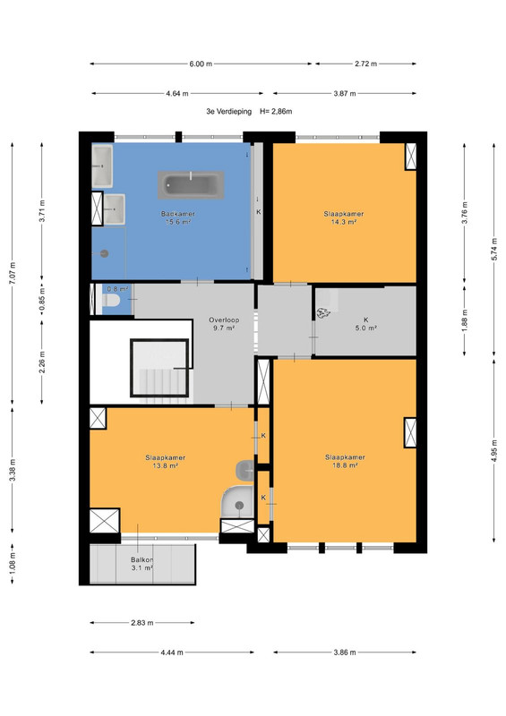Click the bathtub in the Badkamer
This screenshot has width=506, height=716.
click(x=191, y=185)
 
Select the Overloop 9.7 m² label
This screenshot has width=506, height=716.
click(x=224, y=324)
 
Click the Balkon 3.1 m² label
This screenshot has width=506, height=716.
click(x=142, y=564)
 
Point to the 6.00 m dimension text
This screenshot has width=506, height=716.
click(x=201, y=64)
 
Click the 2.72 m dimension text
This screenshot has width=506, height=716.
click(x=365, y=64)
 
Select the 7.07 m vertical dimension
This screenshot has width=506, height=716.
click(x=13, y=273)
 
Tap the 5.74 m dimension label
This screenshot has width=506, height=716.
click(x=494, y=250)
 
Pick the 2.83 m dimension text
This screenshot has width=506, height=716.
click(x=142, y=622)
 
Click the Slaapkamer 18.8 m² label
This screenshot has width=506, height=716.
click(x=345, y=461)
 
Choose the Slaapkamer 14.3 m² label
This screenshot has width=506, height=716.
click(x=344, y=217)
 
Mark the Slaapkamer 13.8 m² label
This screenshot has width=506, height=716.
click(x=166, y=462)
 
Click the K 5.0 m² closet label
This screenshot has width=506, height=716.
click(x=365, y=324)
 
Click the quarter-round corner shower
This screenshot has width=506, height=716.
click(x=236, y=502)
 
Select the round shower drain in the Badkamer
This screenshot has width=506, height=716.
click(x=104, y=253)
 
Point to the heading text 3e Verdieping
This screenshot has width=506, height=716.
click(x=228, y=111)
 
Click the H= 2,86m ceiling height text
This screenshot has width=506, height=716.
click(x=276, y=111)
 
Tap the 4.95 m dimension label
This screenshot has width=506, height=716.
click(x=494, y=451)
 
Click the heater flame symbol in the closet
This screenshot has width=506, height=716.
click(x=323, y=312)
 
